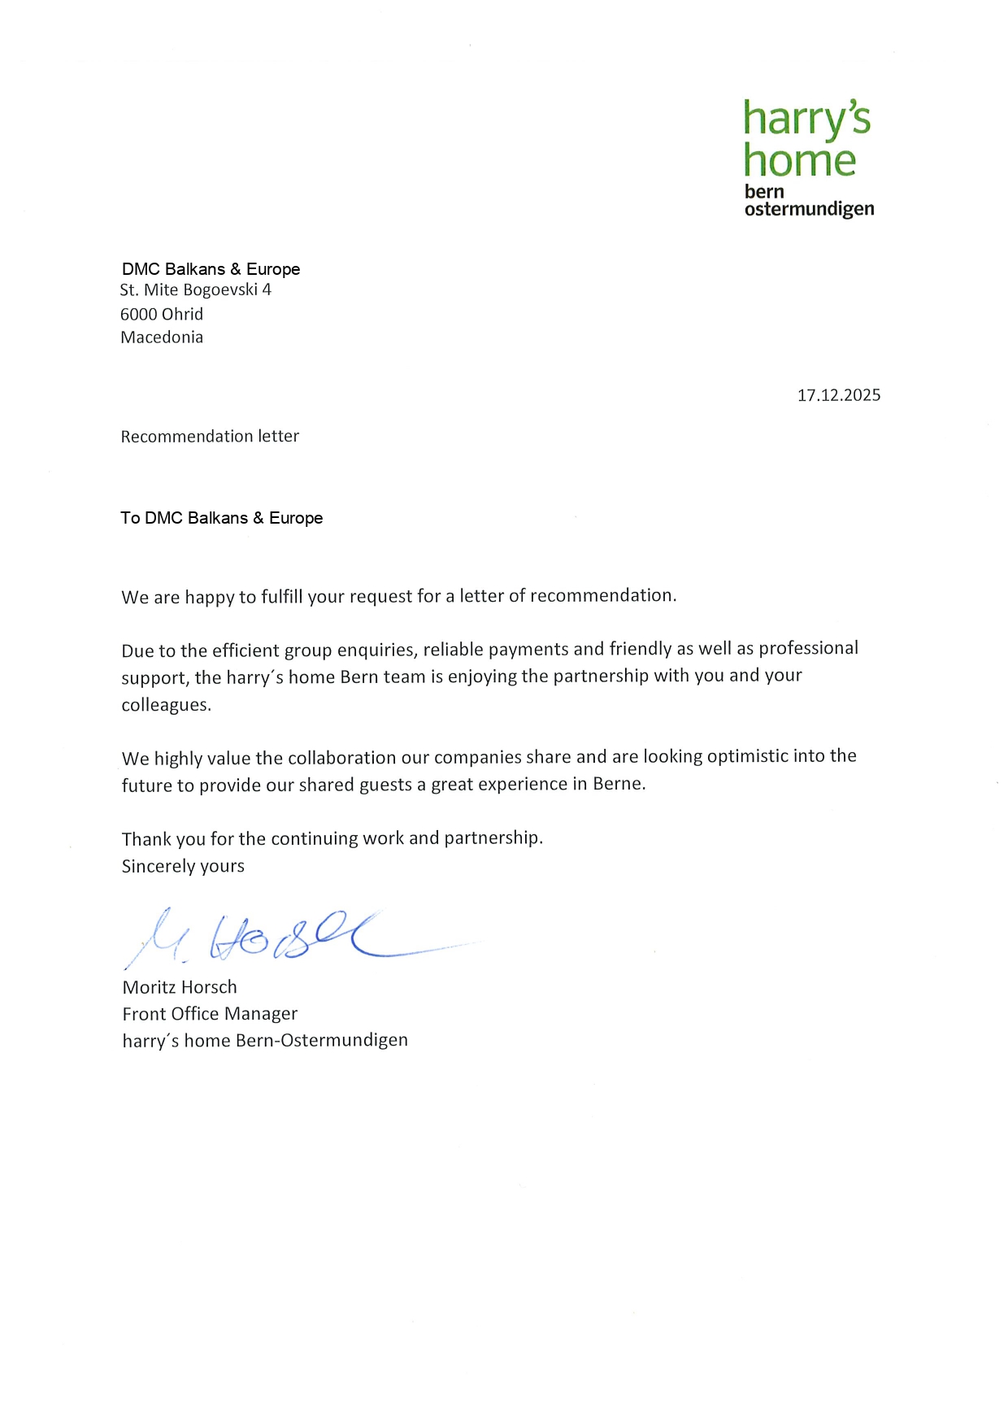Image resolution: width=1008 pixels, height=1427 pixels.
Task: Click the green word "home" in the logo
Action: [799, 160]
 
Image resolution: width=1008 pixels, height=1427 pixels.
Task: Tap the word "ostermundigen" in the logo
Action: [809, 209]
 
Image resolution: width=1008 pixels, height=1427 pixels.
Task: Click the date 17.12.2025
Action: [838, 395]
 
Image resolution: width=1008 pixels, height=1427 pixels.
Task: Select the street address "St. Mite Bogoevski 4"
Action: [195, 290]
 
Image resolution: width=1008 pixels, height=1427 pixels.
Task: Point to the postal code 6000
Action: [138, 314]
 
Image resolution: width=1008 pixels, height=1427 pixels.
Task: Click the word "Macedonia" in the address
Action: [162, 337]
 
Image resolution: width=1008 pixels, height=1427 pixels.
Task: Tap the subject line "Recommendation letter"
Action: [210, 437]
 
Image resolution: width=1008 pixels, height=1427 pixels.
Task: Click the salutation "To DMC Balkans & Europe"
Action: [221, 518]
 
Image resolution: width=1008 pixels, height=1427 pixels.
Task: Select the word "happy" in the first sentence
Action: [209, 598]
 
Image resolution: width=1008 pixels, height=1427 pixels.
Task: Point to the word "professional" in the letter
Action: [808, 648]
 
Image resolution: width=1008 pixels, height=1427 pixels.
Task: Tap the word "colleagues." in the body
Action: [167, 705]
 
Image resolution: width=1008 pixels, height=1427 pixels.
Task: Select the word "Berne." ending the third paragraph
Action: [619, 784]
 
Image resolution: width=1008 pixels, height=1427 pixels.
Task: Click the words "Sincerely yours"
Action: [183, 866]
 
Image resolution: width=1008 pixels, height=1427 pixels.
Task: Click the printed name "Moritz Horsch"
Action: [180, 987]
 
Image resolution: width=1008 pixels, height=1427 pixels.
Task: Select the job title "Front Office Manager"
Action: [210, 1014]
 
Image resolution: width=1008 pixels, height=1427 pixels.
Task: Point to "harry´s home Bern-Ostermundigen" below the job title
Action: [265, 1041]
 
